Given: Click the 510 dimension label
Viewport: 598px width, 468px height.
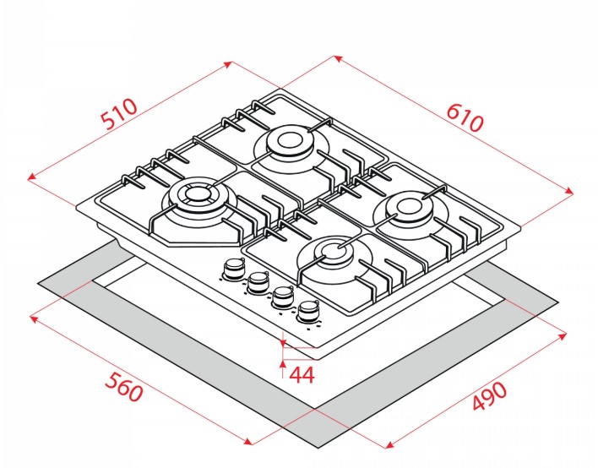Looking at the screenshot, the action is click(x=119, y=114).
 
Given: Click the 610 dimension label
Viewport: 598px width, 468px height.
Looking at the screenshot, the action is click(x=465, y=117).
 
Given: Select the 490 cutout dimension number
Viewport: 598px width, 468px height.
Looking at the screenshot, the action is click(x=490, y=397).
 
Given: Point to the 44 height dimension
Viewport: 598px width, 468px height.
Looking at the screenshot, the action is click(x=302, y=375).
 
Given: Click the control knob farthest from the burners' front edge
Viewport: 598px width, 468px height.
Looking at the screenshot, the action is click(x=233, y=268).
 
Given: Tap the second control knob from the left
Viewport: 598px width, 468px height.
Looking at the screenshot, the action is click(x=258, y=283).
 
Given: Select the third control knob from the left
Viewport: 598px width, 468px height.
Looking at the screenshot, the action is click(x=282, y=297).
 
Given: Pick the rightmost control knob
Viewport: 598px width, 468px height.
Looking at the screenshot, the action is click(x=307, y=311).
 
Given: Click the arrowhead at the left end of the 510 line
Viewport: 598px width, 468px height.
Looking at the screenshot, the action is click(x=32, y=177).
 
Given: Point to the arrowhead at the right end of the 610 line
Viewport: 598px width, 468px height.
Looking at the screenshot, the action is click(x=569, y=191).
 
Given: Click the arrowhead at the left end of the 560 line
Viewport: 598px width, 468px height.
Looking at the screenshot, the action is click(x=34, y=318).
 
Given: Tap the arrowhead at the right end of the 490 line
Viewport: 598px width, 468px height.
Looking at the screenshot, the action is click(x=563, y=335).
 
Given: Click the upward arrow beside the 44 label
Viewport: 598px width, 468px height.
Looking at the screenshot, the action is click(x=283, y=364).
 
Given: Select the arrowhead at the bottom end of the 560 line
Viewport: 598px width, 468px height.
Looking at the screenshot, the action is click(x=248, y=442).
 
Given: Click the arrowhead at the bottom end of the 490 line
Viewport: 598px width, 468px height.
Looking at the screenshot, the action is click(x=389, y=444).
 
